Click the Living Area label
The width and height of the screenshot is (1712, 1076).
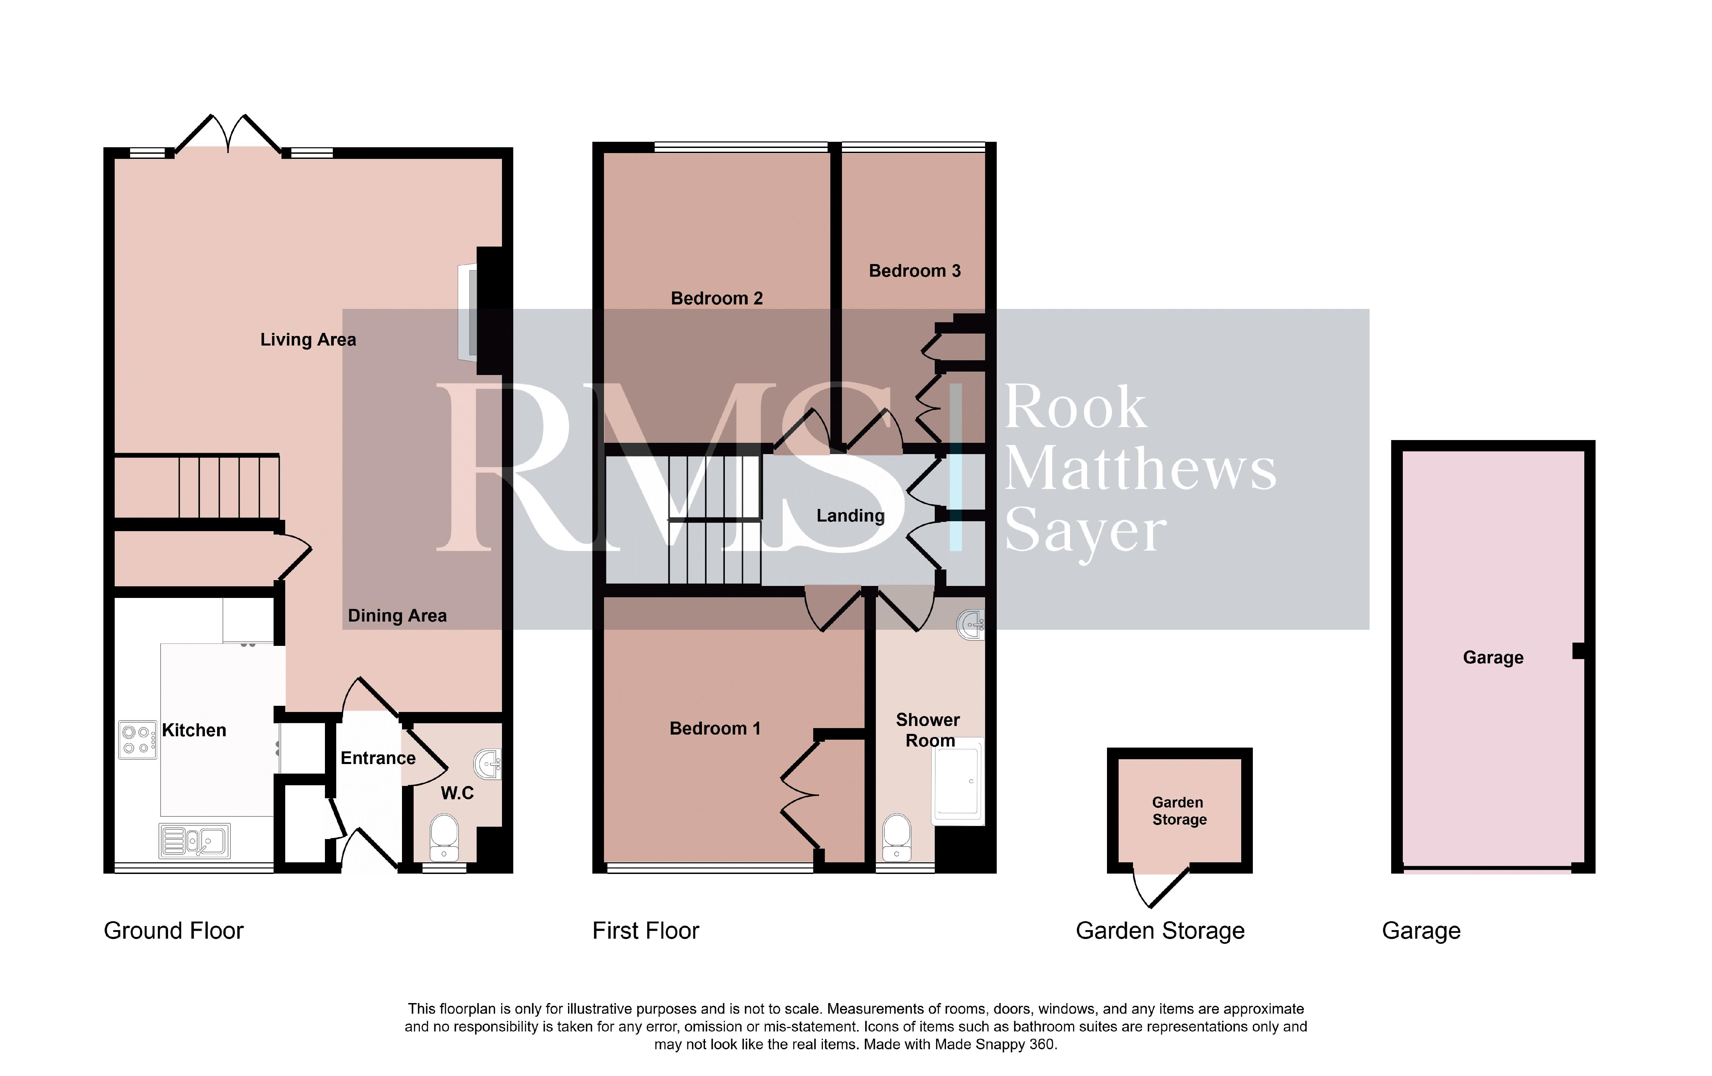coord(308,340)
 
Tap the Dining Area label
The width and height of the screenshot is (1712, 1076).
coord(398,616)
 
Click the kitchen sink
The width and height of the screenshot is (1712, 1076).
coord(194,841)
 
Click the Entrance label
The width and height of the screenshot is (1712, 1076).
coord(378,758)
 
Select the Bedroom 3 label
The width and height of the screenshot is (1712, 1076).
coord(915,271)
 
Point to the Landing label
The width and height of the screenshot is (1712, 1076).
coord(850,516)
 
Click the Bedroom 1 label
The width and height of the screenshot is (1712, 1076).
coord(715,728)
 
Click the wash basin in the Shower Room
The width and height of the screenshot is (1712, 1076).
coord(971,624)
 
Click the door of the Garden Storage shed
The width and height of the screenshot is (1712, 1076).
coord(1160,887)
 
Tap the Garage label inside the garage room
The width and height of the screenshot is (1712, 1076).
coord(1493,658)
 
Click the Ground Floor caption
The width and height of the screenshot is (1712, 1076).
coord(174,931)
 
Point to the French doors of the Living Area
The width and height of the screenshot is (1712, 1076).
coord(228,134)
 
